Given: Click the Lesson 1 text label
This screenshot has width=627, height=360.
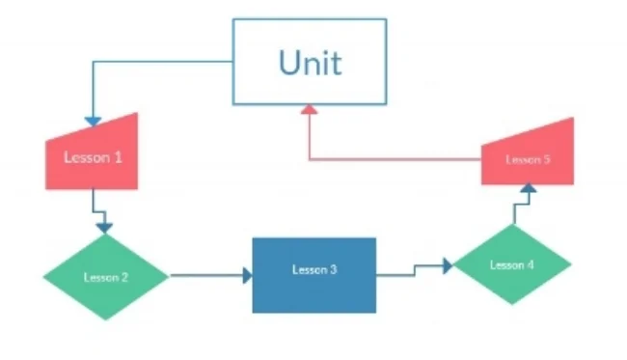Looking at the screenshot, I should (x=94, y=155).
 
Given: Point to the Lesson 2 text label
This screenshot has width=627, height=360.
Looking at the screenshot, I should (x=106, y=278).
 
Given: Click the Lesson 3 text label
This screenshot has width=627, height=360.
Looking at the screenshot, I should (x=314, y=269).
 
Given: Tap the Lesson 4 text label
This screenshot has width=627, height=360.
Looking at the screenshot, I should (x=512, y=264).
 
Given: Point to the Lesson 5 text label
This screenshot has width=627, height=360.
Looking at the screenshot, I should (x=528, y=159).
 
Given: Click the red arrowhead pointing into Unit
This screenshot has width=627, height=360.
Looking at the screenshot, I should (x=309, y=110).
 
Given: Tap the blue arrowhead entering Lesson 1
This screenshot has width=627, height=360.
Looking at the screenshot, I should (x=93, y=122).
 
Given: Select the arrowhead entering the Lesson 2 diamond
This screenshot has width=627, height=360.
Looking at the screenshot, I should (x=105, y=228).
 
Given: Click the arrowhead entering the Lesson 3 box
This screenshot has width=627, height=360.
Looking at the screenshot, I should (x=247, y=276).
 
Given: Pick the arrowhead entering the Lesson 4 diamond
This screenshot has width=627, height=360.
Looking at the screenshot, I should (x=448, y=265).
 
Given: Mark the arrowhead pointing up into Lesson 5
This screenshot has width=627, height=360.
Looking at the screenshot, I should (x=527, y=188).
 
